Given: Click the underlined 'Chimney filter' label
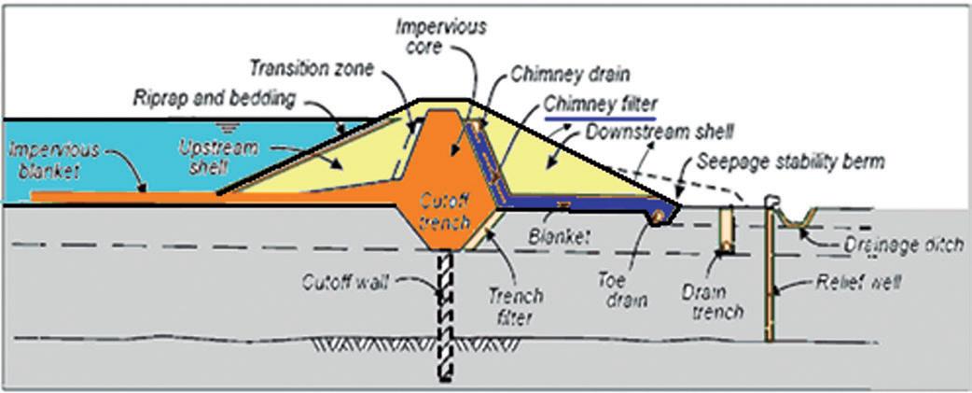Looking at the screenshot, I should click(601, 105).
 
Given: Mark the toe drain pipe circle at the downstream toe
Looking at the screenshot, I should click(659, 217).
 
